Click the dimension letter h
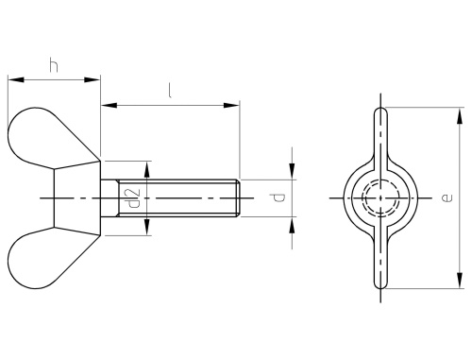pos(54,64)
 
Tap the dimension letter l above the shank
pos(170,91)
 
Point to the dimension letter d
pos(278,197)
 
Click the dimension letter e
pos(447,197)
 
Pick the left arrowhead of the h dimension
pos(16,79)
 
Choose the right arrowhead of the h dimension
pos(93,79)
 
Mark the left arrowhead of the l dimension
pos(109,105)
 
